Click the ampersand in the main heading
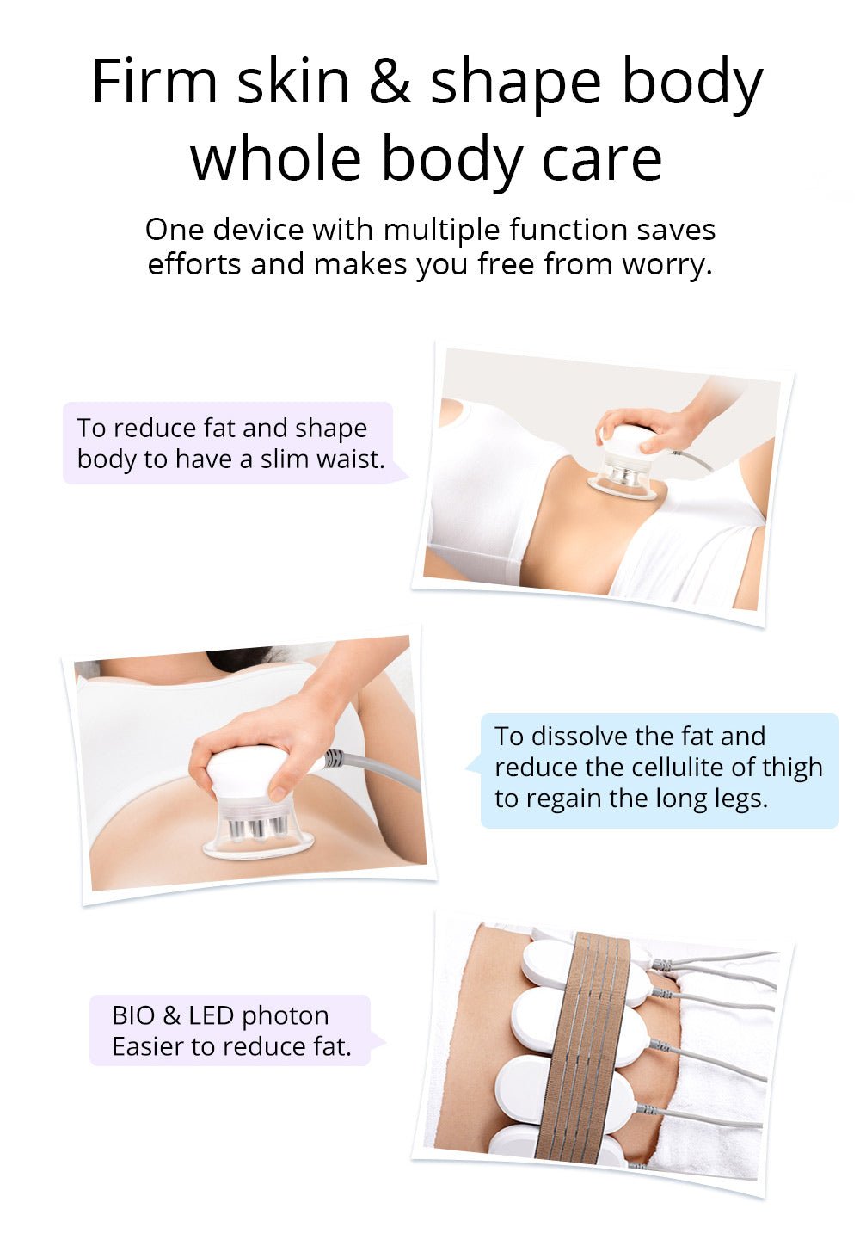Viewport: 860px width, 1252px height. [x=390, y=83]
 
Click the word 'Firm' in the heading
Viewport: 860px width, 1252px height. [x=155, y=82]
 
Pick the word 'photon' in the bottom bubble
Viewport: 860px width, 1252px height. [x=285, y=1016]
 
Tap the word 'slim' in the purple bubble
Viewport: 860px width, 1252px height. [x=284, y=459]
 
